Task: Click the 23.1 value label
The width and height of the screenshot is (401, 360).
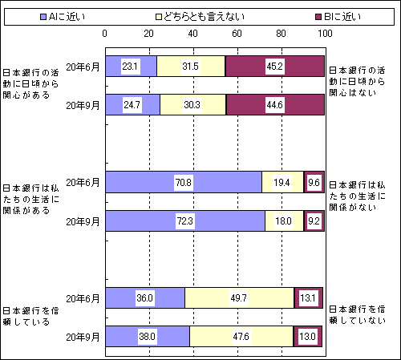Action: pyautogui.click(x=130, y=66)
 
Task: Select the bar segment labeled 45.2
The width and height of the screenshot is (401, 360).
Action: pyautogui.click(x=275, y=66)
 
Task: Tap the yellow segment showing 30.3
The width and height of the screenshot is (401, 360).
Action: pyautogui.click(x=193, y=104)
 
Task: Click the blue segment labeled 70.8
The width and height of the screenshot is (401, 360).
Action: pyautogui.click(x=184, y=182)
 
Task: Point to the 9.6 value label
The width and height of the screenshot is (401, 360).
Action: pyautogui.click(x=314, y=183)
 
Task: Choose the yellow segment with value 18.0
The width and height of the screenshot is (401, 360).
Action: pyautogui.click(x=284, y=221)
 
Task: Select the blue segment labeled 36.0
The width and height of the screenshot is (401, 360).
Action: pyautogui.click(x=145, y=297)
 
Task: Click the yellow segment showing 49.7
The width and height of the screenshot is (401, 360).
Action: pyautogui.click(x=239, y=297)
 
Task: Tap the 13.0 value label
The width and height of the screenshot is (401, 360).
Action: pyautogui.click(x=308, y=336)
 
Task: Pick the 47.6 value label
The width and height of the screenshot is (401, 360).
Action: pyautogui.click(x=241, y=336)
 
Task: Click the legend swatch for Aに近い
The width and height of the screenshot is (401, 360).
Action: pyautogui.click(x=43, y=17)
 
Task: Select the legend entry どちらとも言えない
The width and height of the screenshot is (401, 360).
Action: pyautogui.click(x=200, y=17)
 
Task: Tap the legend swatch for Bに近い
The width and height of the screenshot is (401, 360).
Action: pyautogui.click(x=318, y=17)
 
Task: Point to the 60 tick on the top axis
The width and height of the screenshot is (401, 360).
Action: pyautogui.click(x=237, y=34)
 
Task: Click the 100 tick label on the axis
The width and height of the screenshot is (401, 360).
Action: pyautogui.click(x=325, y=34)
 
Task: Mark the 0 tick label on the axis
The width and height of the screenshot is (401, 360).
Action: pyautogui.click(x=104, y=34)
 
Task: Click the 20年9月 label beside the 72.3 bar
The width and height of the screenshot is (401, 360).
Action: pyautogui.click(x=83, y=221)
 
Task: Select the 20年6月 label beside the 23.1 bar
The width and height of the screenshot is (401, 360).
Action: pyautogui.click(x=83, y=67)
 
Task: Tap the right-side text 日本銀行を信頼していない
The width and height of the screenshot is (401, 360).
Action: pyautogui.click(x=357, y=314)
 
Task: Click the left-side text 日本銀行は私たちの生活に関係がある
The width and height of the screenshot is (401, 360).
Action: pyautogui.click(x=30, y=199)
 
